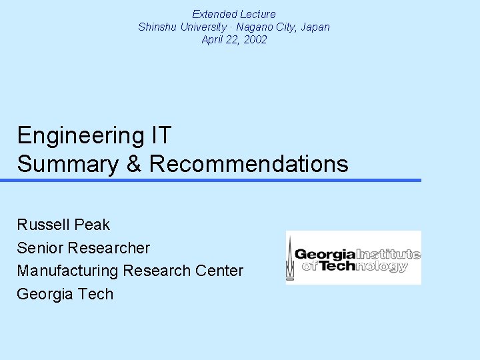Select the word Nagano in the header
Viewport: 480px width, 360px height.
[249, 27]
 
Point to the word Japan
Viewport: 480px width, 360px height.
[315, 27]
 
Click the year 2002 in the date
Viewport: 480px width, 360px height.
[255, 39]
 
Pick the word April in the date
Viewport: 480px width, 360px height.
[214, 39]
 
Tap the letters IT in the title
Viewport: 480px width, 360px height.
[160, 136]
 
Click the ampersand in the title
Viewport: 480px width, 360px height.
[134, 164]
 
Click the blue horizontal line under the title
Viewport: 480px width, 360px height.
[211, 180]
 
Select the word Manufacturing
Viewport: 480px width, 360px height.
[67, 271]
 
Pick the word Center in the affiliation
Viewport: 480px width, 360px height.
[219, 271]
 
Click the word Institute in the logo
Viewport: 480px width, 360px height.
[388, 254]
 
